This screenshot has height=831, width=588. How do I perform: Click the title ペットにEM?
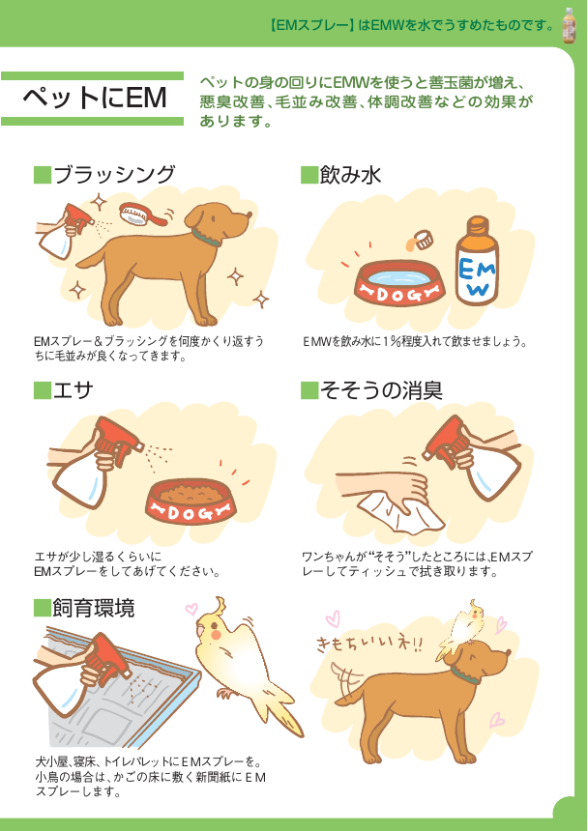[94, 98]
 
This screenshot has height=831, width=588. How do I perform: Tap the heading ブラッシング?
[113, 174]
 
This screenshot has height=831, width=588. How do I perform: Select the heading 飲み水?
[350, 174]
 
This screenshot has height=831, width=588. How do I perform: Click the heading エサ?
[73, 390]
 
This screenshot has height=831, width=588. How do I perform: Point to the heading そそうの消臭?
[381, 390]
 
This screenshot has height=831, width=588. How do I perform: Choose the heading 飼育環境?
[93, 608]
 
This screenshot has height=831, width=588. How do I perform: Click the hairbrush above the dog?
[140, 215]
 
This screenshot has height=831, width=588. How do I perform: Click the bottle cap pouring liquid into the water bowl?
[422, 240]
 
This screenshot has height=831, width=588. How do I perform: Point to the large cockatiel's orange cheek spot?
[215, 635]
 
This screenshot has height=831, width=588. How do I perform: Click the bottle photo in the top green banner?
[570, 25]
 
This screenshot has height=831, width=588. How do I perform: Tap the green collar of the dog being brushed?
[206, 237]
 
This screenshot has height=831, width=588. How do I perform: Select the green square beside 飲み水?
[309, 175]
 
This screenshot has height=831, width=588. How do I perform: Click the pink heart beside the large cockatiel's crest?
[191, 609]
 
